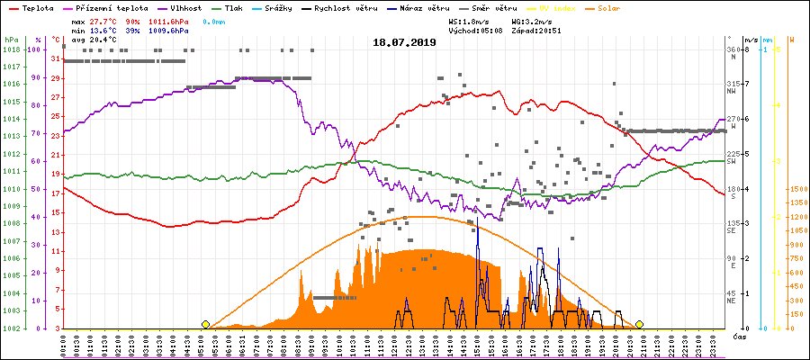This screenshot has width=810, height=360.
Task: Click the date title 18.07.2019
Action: tap(404, 42)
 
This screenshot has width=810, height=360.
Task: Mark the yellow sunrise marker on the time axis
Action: tap(206, 324)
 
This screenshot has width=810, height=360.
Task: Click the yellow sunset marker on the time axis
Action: tap(639, 324)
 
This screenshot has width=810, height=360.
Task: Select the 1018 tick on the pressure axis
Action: tap(11, 49)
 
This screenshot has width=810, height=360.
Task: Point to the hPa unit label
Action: tap(11, 40)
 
